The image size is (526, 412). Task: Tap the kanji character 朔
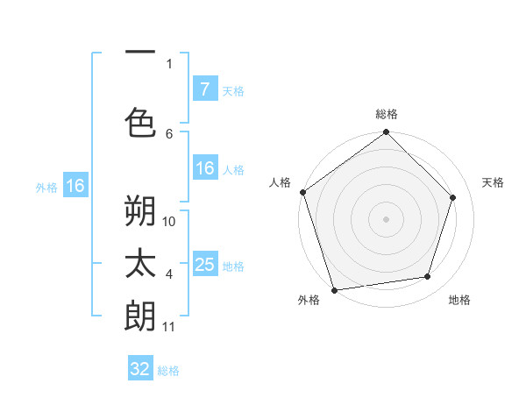tap(140, 210)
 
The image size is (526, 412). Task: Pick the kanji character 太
tap(140, 264)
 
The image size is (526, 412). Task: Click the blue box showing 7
tap(204, 89)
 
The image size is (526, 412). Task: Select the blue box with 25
tap(204, 264)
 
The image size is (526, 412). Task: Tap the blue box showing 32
tap(140, 369)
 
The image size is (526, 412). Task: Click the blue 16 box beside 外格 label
tap(75, 186)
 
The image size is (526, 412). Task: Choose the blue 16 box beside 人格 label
tap(204, 169)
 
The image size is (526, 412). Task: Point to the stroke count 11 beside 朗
tap(169, 327)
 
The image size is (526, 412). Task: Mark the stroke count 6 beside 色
tap(169, 133)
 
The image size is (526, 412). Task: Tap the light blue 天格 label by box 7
tap(232, 90)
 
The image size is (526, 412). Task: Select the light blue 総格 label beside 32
tap(168, 371)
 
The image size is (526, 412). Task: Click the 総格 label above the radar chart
tap(387, 114)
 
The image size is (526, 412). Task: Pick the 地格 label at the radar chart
tap(459, 300)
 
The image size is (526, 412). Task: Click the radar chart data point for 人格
tap(303, 192)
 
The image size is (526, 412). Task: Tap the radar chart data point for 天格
tap(453, 197)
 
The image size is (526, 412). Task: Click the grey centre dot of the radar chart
tap(387, 218)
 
